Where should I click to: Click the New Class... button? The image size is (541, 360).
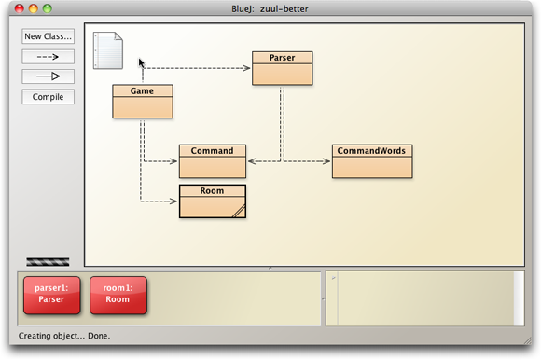tap(48, 36)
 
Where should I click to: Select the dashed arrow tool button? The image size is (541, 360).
tap(48, 56)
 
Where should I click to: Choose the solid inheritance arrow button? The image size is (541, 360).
tap(48, 76)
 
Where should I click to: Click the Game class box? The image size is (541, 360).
tap(143, 102)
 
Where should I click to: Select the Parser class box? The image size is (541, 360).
tap(282, 68)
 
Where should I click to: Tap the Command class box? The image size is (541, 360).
tap(213, 161)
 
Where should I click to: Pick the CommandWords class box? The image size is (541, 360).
tap(371, 161)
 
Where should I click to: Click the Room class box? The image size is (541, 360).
tap(213, 201)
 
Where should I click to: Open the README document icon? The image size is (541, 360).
tap(108, 50)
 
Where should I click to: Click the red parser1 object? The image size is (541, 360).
tap(51, 295)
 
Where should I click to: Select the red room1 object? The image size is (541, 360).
tap(118, 295)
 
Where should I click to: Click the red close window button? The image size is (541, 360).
tap(13, 8)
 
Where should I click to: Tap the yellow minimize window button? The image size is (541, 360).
tap(31, 8)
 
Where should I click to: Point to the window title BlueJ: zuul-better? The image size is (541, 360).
tap(270, 8)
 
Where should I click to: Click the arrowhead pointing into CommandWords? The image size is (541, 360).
tap(328, 161)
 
